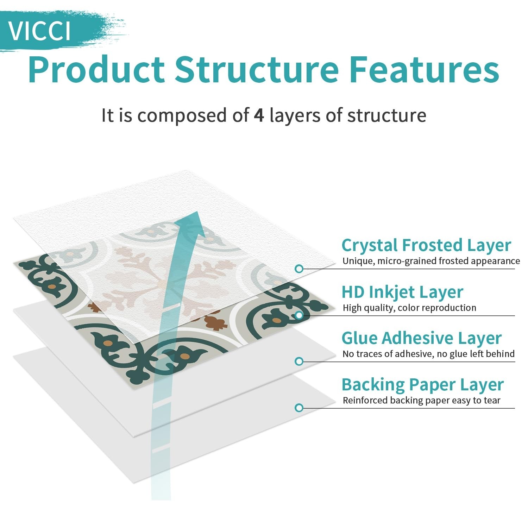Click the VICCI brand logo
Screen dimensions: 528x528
pos(39,31)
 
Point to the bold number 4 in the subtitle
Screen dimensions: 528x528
pos(259,116)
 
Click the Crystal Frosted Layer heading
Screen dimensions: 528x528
pos(426,245)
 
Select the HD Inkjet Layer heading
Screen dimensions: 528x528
pos(402,292)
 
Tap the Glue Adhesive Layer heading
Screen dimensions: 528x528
pos(421,338)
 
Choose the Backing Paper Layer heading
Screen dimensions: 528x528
pos(422,385)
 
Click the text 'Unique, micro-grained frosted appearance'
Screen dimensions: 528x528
pos(431,261)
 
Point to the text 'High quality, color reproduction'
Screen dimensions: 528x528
pos(409,308)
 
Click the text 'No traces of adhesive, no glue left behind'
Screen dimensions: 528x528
pos(428,354)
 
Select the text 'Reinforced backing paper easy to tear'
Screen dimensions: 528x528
pos(421,400)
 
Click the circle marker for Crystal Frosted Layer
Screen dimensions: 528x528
pos(299,269)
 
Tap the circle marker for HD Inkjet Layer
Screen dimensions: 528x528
pos(299,315)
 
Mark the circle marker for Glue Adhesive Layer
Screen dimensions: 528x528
pos(299,362)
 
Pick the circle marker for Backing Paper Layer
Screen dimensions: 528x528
pos(299,408)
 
